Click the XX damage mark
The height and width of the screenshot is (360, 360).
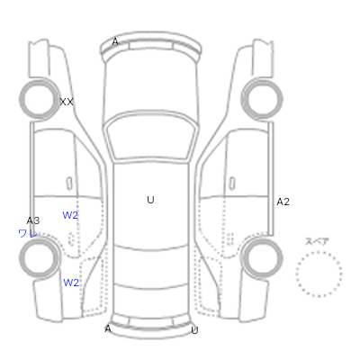[x=67, y=102]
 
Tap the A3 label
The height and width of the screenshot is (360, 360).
[x=33, y=220]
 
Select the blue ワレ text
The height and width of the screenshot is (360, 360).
[x=28, y=233]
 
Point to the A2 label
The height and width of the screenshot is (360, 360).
[x=283, y=202]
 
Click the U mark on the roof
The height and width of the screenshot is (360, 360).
[x=150, y=200]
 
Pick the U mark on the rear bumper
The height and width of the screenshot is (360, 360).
[x=194, y=330]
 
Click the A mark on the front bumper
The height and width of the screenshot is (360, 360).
[x=115, y=42]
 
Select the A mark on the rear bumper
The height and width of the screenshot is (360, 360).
[x=108, y=328]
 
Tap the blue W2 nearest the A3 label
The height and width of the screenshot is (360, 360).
[x=70, y=215]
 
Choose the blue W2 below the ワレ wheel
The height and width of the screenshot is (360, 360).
[x=71, y=283]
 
